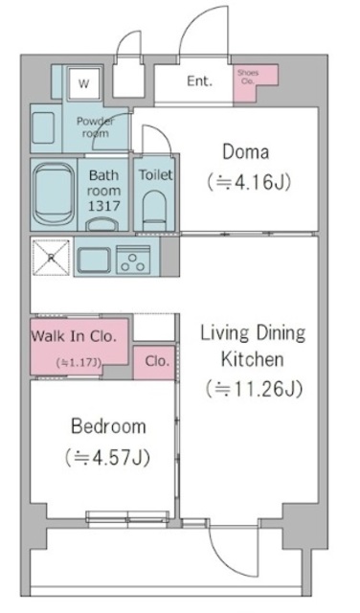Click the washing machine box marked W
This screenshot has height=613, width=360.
(83, 84)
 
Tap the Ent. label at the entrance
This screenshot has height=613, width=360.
(199, 80)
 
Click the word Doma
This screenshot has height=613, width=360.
(245, 151)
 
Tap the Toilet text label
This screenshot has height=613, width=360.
(155, 175)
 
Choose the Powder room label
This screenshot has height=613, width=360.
(96, 127)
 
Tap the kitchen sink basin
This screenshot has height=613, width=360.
(94, 259)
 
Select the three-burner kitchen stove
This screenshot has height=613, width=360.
(137, 259)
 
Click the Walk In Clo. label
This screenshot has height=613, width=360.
(74, 336)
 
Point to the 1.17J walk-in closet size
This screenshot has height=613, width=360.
(78, 362)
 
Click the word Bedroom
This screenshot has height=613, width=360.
(107, 426)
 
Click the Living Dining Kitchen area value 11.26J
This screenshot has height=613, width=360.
(253, 388)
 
